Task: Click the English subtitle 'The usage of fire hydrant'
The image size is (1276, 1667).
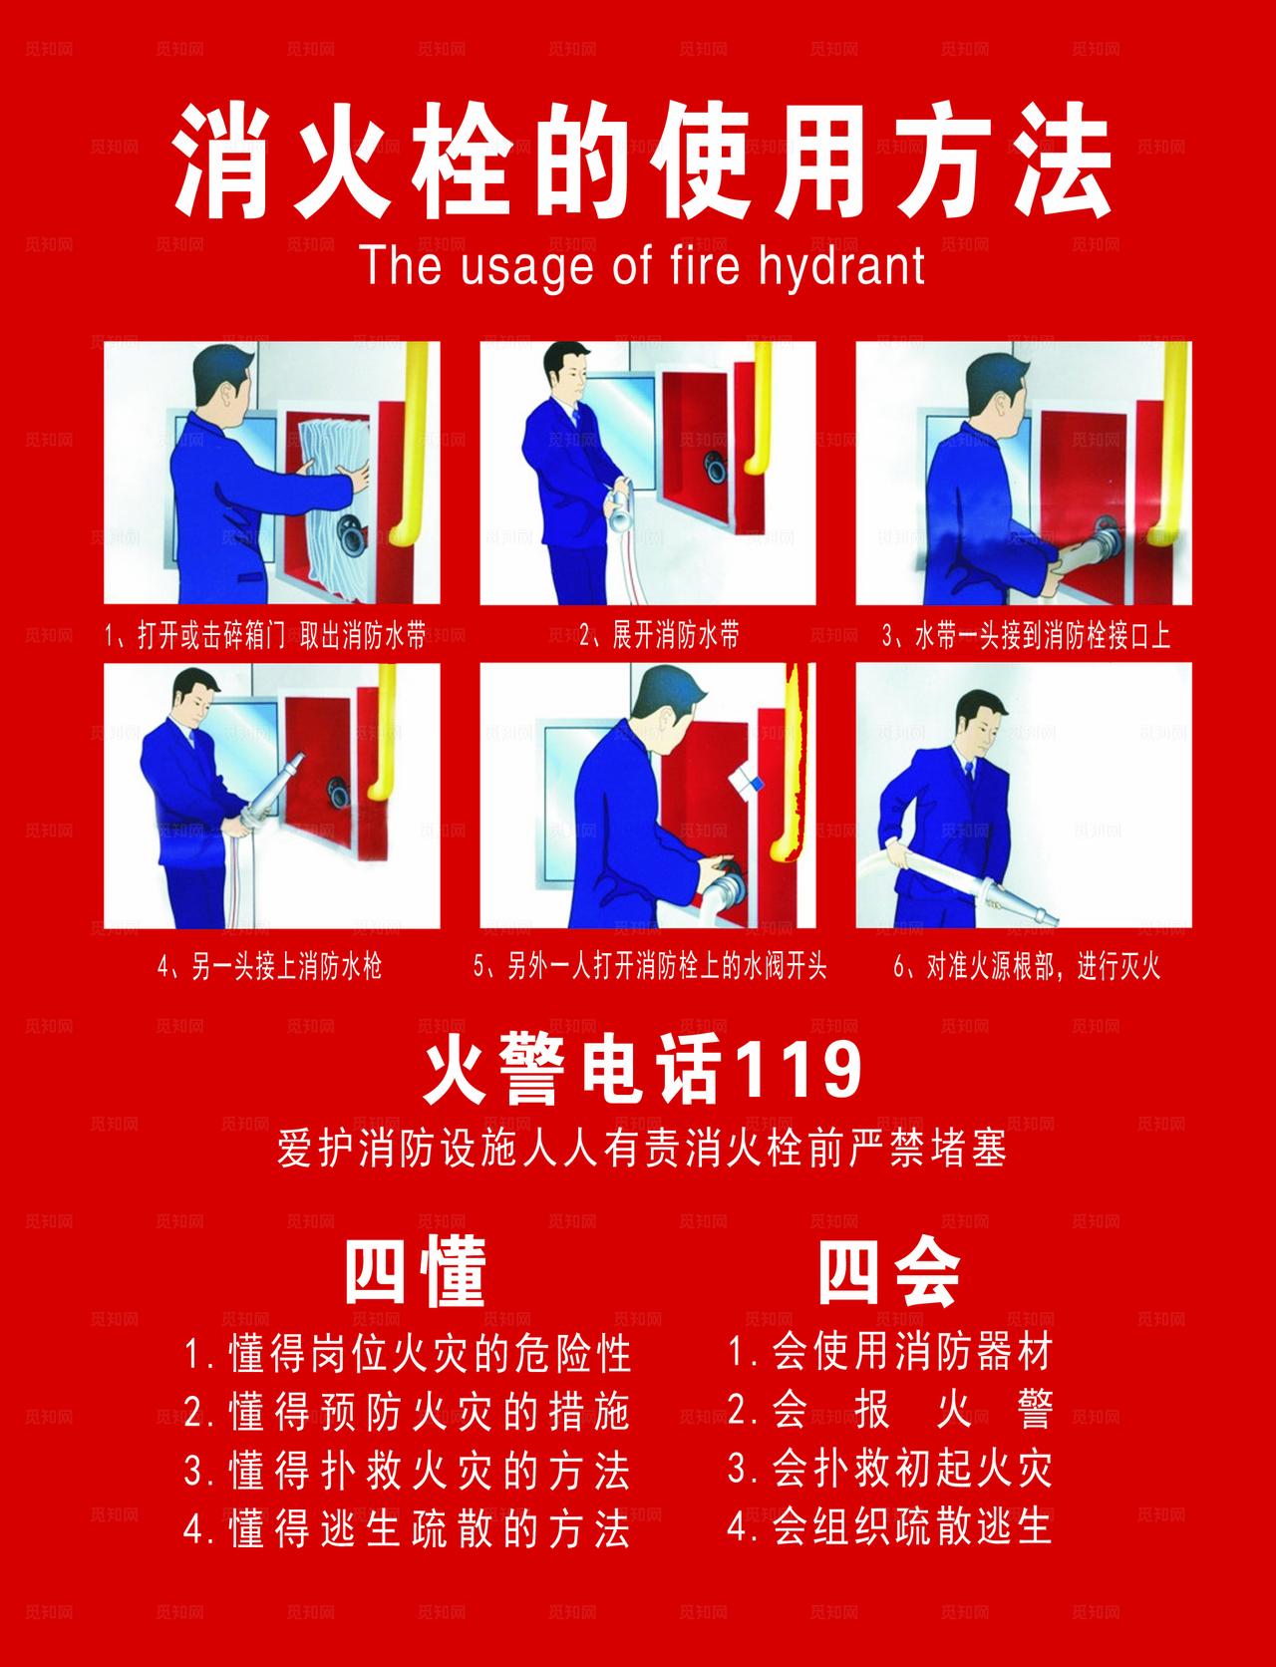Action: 642,266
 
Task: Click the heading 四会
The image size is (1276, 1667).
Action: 888,1272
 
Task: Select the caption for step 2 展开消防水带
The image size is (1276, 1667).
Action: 660,636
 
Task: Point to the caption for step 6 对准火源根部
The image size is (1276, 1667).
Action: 1027,967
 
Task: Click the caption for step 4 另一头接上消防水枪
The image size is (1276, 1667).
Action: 269,967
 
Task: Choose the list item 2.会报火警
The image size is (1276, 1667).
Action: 889,1410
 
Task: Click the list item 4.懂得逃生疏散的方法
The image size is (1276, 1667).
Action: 407,1527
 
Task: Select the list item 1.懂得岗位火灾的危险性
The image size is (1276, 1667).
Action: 407,1354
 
